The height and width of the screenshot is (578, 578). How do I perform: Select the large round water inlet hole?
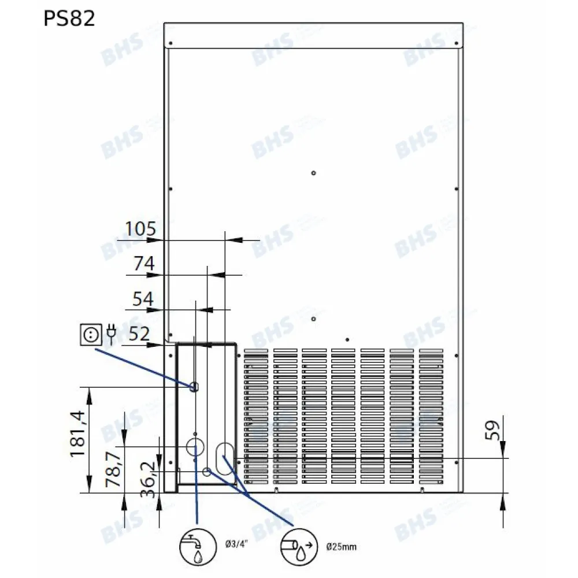195,447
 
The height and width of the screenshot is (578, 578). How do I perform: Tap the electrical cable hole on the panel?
195,386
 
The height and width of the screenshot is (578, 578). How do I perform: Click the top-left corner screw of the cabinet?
170,43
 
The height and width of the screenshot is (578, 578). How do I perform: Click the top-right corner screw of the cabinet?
456,43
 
